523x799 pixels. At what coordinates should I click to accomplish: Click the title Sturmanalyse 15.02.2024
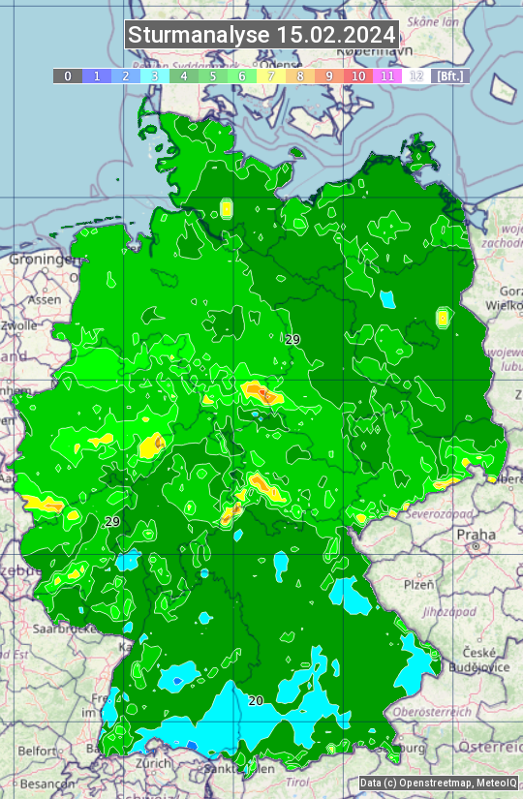coord(261,35)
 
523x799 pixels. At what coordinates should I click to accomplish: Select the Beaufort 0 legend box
coord(68,76)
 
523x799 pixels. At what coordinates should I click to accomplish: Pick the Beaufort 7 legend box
coord(271,76)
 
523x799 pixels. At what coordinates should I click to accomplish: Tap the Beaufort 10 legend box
coord(358,76)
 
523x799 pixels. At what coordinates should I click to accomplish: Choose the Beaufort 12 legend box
coord(416,76)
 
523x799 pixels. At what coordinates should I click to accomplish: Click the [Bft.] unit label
coord(450,76)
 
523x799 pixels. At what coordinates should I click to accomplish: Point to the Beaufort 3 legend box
coord(155,76)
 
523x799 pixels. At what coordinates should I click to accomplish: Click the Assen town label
coord(44,300)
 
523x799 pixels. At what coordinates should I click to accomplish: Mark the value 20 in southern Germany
coord(255,700)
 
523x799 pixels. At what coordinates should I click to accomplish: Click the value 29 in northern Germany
coord(292,339)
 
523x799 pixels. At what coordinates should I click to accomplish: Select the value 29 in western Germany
coord(112,522)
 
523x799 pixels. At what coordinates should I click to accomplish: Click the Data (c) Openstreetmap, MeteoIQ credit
coord(438,783)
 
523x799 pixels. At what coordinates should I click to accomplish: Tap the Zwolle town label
coord(19,325)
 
